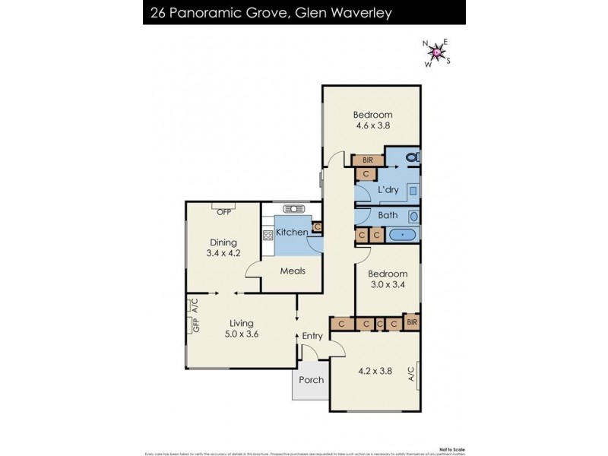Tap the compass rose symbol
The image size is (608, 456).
(x=436, y=52)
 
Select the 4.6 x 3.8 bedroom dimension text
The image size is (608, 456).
(x=372, y=126)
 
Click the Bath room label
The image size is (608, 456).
(x=388, y=215)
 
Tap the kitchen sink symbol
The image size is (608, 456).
(x=292, y=209)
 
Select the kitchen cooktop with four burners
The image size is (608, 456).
(x=268, y=234)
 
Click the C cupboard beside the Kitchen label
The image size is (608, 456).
(x=317, y=226)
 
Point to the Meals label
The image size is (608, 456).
(x=293, y=271)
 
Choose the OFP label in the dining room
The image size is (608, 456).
(x=224, y=212)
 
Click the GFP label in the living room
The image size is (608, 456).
(x=195, y=325)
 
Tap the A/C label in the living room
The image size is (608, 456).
(x=195, y=306)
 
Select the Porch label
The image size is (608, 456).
(x=311, y=380)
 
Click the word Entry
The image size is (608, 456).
(x=312, y=336)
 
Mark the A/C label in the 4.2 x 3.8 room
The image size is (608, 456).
(x=411, y=374)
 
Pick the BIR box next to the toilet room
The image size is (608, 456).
(x=368, y=160)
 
